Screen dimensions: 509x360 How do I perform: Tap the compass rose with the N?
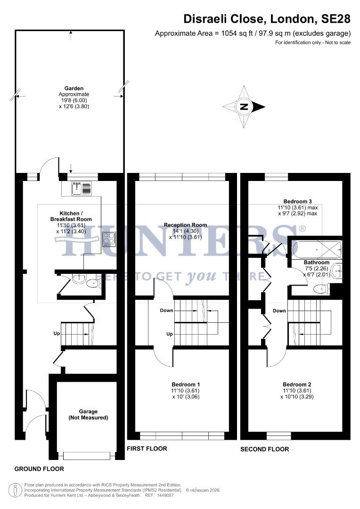[x=244, y=107]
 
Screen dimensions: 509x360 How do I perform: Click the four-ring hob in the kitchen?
[x=108, y=240]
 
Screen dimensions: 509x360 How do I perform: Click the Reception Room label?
[x=186, y=225]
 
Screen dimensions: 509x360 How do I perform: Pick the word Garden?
[x=74, y=88]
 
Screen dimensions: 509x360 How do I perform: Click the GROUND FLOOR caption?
[x=39, y=469]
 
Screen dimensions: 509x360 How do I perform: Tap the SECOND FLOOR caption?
[x=265, y=449]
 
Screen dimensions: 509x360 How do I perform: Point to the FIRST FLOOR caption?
[x=147, y=448]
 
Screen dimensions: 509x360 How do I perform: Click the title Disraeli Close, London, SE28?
[x=267, y=19]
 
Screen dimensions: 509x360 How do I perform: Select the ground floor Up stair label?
[x=57, y=334]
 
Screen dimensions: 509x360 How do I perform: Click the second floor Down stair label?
[x=279, y=311]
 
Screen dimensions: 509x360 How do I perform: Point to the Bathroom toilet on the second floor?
[x=320, y=288]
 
